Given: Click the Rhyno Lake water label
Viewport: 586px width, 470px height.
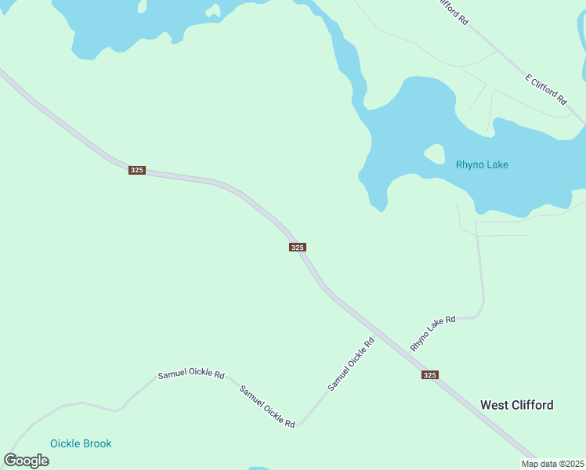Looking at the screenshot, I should pos(482,164).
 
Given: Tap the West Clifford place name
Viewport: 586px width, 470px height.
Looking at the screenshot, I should pos(516,405).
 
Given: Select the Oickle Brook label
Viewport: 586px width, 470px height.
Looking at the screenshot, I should pos(81,443).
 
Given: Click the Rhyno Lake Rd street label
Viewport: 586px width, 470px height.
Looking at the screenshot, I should pos(432,333).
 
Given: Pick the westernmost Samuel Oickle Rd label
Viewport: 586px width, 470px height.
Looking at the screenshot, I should pos(191,375).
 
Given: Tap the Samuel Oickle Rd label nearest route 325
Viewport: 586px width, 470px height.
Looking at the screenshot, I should pos(351,363).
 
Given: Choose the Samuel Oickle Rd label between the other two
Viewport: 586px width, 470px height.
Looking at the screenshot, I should pos(267,406).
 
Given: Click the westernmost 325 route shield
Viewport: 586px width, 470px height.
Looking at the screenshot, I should pos(137,170).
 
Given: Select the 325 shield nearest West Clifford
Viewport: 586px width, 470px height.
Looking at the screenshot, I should pos(429,375).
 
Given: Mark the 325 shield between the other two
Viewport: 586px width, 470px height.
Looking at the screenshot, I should pos(297,248).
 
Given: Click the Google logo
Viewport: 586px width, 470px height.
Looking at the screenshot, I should pos(27,460).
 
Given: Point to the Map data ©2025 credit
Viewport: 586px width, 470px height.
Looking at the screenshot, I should pos(552,464).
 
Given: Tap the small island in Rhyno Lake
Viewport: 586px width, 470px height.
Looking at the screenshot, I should pos(434,154).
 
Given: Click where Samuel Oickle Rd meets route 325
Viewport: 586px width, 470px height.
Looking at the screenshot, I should pos(377,334).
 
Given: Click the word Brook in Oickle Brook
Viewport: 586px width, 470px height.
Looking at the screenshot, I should pos(97,443).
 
